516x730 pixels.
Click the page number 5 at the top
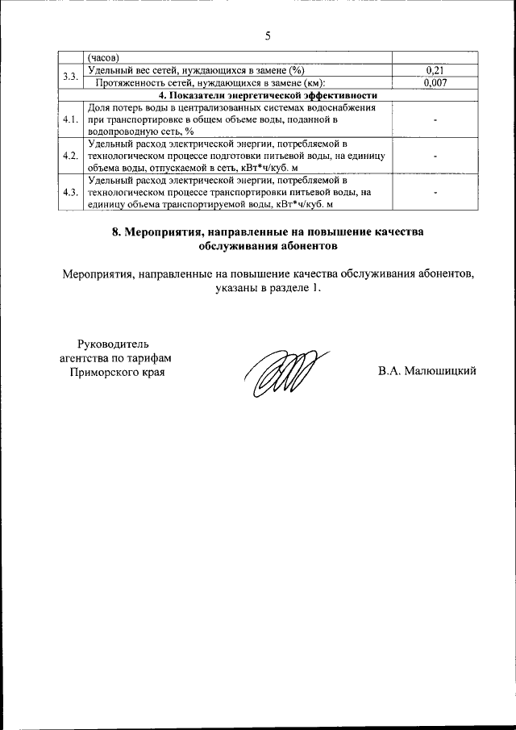(267, 35)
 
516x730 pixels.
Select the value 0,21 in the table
(435, 70)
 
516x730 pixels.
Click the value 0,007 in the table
(435, 82)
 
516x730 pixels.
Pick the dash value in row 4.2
(435, 155)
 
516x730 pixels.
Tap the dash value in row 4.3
(435, 192)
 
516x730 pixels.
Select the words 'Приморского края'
(112, 372)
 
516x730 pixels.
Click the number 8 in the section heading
(115, 232)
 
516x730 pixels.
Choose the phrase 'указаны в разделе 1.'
(268, 287)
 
